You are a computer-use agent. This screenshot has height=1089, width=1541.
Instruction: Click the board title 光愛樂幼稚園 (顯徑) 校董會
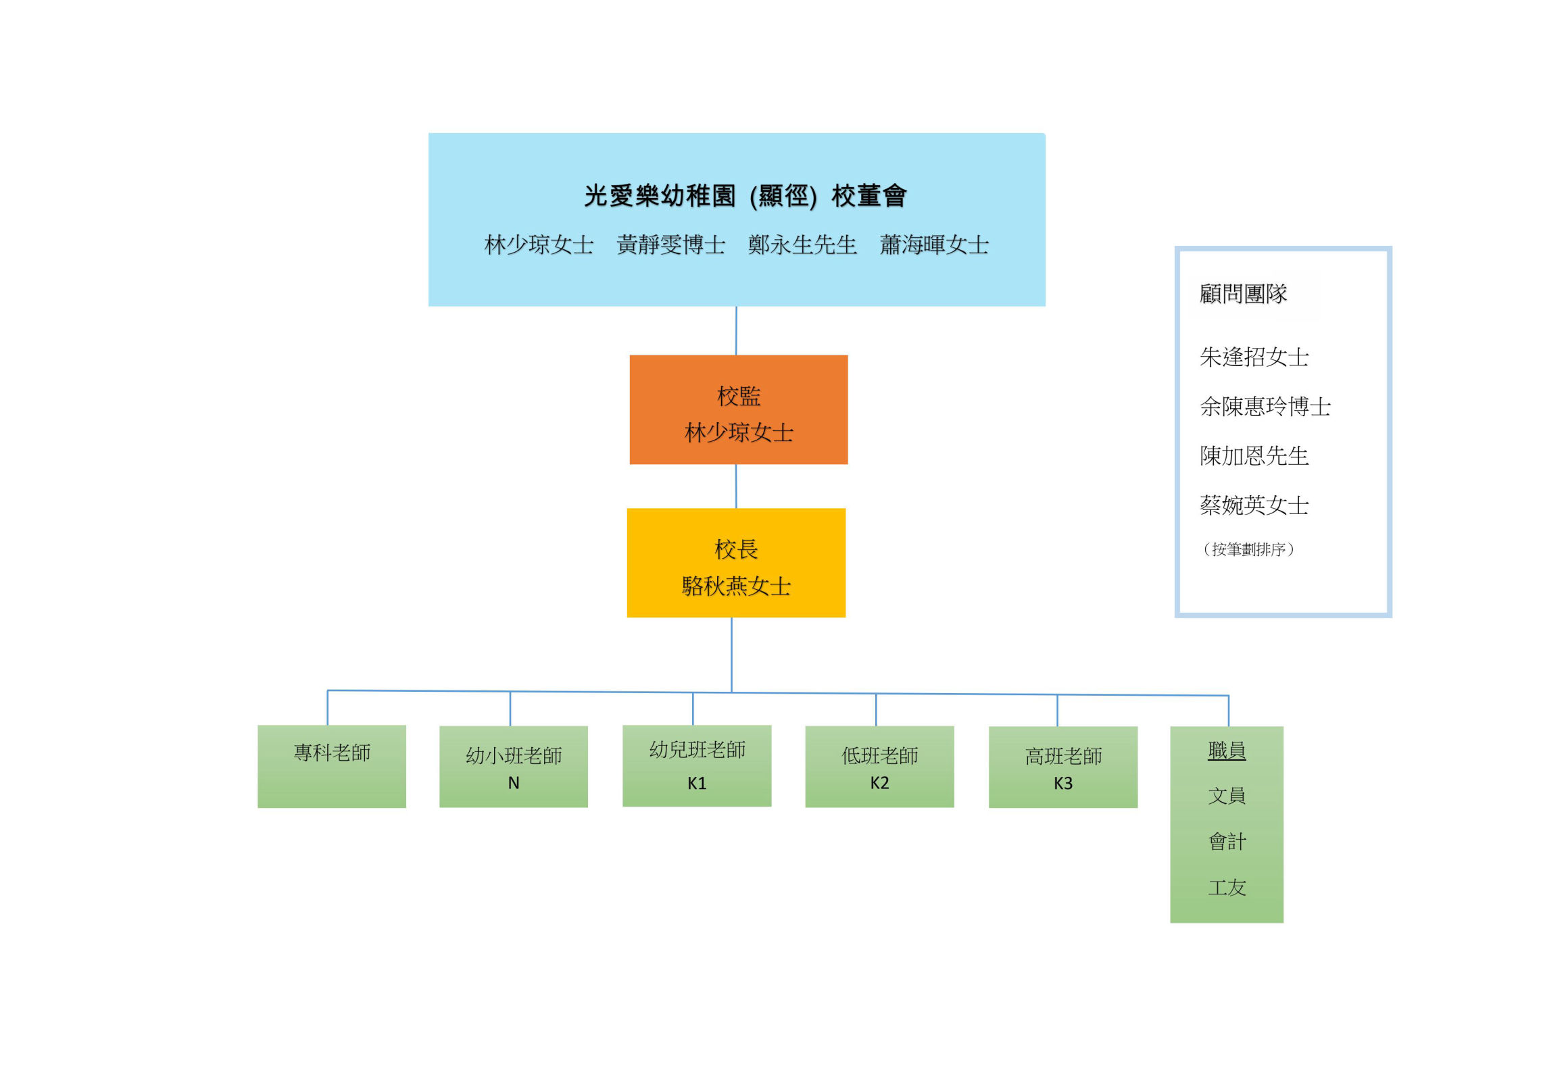[x=745, y=196]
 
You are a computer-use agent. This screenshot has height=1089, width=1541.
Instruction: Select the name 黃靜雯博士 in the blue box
[x=670, y=245]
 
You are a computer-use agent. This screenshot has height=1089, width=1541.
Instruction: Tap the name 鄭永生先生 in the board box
[x=802, y=245]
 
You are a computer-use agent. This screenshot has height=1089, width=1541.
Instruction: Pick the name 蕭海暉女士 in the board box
[x=934, y=245]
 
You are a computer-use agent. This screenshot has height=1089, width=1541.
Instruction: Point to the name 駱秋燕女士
[x=736, y=586]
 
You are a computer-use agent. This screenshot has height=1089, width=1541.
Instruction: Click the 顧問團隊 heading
[x=1243, y=294]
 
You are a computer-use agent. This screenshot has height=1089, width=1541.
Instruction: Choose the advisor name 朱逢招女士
[x=1254, y=357]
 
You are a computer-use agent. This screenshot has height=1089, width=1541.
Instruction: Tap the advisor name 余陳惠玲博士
[x=1265, y=406]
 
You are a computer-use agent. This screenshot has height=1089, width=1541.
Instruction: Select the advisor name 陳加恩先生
[x=1254, y=456]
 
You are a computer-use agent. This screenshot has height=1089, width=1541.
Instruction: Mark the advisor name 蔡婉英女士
[x=1254, y=505]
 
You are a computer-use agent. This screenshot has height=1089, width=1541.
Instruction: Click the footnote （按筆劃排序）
[x=1248, y=549]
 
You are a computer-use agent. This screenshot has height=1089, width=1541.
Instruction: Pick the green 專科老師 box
[x=332, y=765]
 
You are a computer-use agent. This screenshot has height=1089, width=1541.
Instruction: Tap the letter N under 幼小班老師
[x=514, y=783]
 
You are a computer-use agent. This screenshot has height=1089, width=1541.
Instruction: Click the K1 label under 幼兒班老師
[x=697, y=783]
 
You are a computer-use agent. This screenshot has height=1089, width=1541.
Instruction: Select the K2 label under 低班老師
[x=879, y=783]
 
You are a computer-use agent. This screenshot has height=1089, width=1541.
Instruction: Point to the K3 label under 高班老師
[x=1062, y=783]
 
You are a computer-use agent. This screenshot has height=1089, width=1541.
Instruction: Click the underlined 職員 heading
[x=1226, y=750]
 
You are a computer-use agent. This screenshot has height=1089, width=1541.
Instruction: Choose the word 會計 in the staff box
[x=1226, y=841]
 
